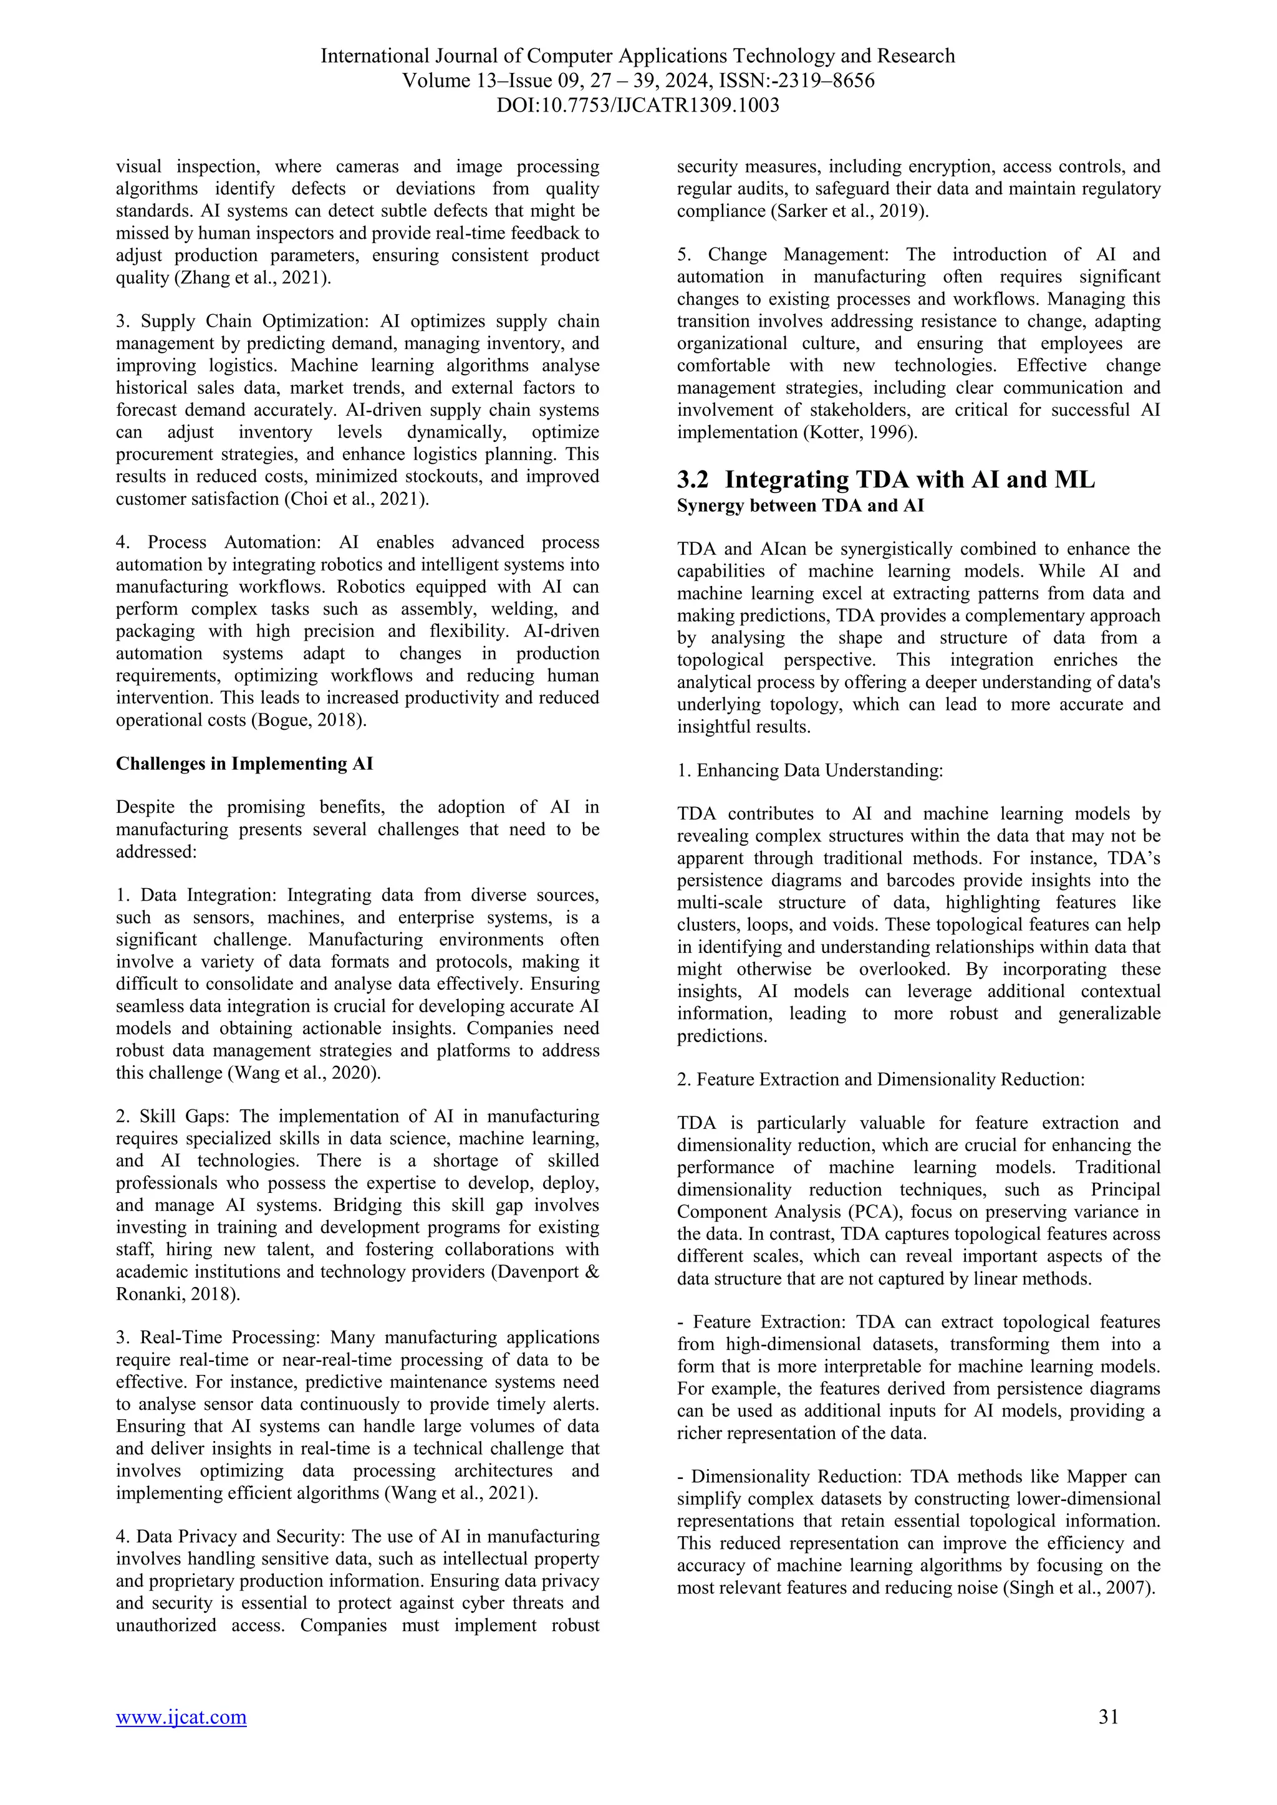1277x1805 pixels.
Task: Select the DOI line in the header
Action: (x=638, y=105)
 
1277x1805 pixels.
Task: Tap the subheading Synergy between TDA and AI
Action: (x=801, y=505)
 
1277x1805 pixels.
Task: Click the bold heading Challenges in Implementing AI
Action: (x=244, y=764)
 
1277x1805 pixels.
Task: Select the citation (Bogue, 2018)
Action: (x=307, y=719)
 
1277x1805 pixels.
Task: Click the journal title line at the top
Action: (x=638, y=56)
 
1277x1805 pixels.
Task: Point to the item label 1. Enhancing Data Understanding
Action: (x=810, y=770)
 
